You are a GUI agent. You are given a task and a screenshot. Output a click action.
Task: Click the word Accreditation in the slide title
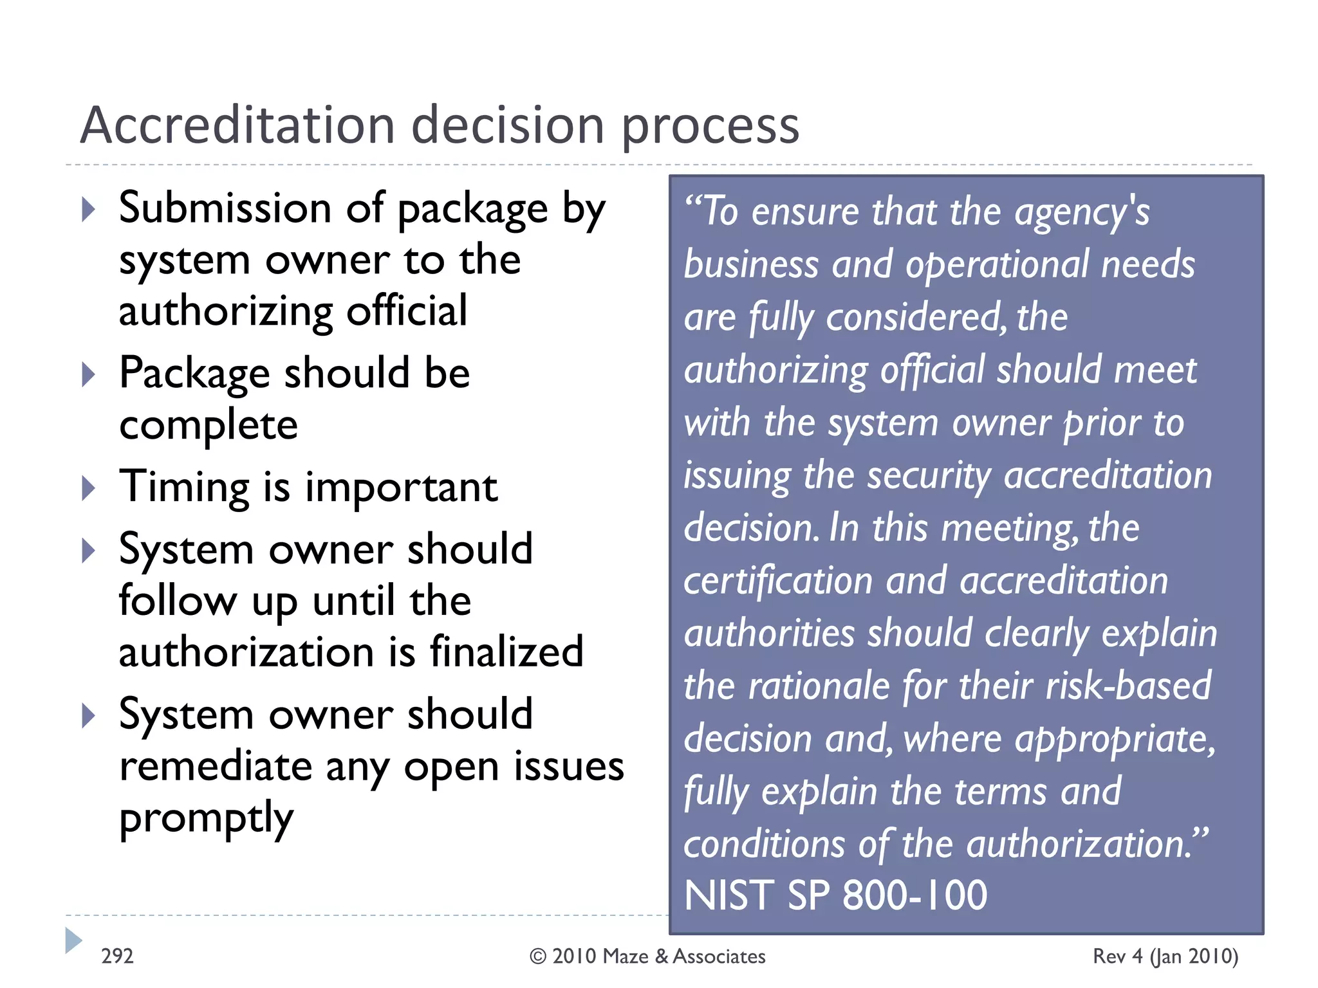point(237,125)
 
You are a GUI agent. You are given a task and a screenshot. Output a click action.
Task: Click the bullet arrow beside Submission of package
point(89,210)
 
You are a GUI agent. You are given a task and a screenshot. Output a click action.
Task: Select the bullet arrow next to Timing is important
point(89,488)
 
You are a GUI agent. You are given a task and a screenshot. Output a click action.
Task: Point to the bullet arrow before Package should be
point(89,374)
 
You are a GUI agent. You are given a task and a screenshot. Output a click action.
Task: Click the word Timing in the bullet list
point(185,488)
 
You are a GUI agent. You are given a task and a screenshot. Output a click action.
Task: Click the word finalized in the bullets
point(506,652)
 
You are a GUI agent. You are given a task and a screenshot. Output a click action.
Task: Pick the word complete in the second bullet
point(209,426)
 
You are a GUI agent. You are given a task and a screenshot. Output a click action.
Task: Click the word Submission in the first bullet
point(225,208)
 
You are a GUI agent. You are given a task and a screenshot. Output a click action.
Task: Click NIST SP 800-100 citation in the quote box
point(835,895)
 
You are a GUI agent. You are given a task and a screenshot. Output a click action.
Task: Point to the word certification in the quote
point(777,581)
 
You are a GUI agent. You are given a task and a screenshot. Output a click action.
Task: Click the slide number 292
point(117,956)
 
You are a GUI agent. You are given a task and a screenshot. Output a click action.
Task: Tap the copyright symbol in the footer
point(537,956)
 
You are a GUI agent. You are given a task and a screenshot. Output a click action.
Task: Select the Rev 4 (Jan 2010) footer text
point(1165,956)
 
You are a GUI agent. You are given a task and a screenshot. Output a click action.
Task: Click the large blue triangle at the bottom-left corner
point(73,940)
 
